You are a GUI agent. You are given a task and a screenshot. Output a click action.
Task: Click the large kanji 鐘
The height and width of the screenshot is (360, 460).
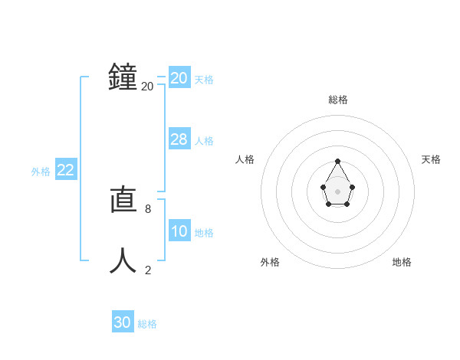tap(123, 77)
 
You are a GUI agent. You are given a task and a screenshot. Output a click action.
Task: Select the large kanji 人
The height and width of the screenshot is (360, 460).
tap(123, 260)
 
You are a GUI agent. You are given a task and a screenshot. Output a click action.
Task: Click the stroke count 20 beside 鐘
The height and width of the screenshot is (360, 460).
tap(147, 87)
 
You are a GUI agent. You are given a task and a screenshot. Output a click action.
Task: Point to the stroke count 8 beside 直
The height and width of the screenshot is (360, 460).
tap(147, 208)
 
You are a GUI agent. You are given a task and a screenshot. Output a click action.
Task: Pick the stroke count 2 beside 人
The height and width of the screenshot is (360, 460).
tap(147, 270)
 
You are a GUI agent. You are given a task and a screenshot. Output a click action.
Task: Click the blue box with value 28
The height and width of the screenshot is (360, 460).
tap(179, 139)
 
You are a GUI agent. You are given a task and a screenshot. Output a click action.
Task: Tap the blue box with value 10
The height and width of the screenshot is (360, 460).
tap(179, 231)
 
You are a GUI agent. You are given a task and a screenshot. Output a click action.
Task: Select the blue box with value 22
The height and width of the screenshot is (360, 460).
tap(65, 170)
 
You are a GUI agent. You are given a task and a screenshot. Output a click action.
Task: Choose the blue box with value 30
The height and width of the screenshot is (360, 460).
tap(123, 322)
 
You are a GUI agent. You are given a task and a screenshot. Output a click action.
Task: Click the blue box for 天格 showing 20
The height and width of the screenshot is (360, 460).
tap(179, 78)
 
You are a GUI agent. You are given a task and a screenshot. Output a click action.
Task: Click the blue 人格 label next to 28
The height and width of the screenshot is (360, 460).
tap(204, 141)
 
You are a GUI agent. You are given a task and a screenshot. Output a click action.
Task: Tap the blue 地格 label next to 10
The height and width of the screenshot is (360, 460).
tap(204, 233)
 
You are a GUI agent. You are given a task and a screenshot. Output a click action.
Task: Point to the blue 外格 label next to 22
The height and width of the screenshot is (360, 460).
tap(41, 172)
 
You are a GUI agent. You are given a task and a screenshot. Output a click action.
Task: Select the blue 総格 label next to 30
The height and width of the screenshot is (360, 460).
tap(147, 324)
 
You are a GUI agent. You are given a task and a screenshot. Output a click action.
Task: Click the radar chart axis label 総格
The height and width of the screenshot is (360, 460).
tap(338, 100)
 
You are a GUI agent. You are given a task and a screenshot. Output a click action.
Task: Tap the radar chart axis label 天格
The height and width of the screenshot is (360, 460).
tap(432, 159)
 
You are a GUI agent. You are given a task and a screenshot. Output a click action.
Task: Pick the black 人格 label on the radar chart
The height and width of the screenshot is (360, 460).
tap(245, 159)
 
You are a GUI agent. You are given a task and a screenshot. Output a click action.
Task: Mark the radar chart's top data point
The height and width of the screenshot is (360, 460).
tap(338, 161)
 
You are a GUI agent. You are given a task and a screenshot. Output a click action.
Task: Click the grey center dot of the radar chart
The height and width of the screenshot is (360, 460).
tap(338, 191)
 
